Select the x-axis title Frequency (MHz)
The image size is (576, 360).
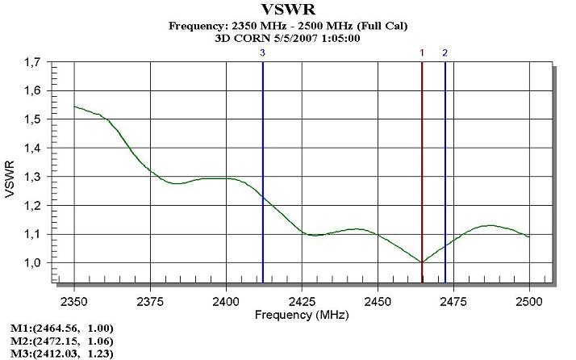point(302,314)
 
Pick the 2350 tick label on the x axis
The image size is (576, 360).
point(74,299)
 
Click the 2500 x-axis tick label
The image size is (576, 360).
point(529,299)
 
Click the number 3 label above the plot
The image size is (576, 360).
point(262,52)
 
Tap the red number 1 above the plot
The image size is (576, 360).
point(422,52)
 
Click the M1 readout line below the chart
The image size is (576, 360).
point(61,328)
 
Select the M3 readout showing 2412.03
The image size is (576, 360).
point(61,354)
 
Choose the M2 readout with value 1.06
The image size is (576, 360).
point(61,341)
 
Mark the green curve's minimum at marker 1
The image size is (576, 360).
point(422,262)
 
